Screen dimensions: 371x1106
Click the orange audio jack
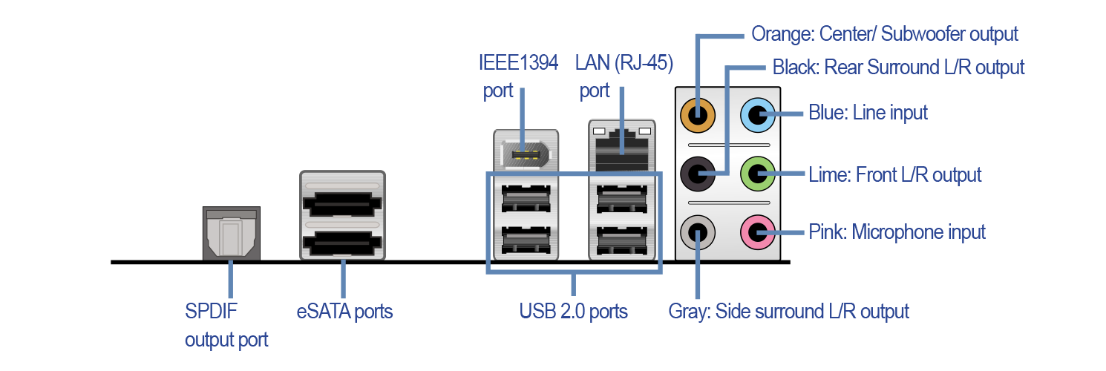point(698,115)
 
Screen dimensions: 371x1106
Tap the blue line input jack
point(757,115)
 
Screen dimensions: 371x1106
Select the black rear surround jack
point(698,175)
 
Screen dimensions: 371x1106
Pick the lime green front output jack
point(757,175)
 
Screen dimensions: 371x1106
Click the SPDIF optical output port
point(231,234)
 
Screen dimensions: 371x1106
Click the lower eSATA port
point(342,241)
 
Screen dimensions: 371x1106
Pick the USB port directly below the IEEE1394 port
point(526,199)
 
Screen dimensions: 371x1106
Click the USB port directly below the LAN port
point(622,199)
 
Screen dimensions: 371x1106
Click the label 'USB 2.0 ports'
point(573,311)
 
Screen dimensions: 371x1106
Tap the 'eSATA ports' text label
point(344,311)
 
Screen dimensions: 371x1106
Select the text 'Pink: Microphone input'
point(897,232)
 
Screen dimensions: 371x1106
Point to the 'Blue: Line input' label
point(868,114)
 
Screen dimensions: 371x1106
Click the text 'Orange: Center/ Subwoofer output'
point(885,34)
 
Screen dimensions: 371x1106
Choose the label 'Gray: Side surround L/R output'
point(788,311)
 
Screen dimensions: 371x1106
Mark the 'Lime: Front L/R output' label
point(894,175)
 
